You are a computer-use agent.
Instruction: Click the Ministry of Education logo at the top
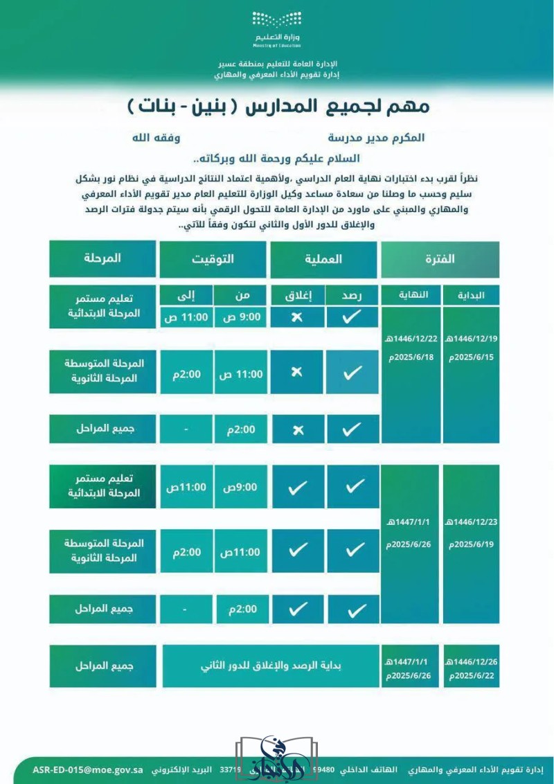pyautogui.click(x=276, y=28)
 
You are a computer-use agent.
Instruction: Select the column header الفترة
pyautogui.click(x=440, y=259)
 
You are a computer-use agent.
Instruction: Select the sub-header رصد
pyautogui.click(x=352, y=295)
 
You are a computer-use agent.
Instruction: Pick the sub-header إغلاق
pyautogui.click(x=298, y=295)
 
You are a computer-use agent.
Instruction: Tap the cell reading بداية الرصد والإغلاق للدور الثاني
pyautogui.click(x=271, y=666)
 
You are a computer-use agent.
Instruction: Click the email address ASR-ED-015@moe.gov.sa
pyautogui.click(x=88, y=769)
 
